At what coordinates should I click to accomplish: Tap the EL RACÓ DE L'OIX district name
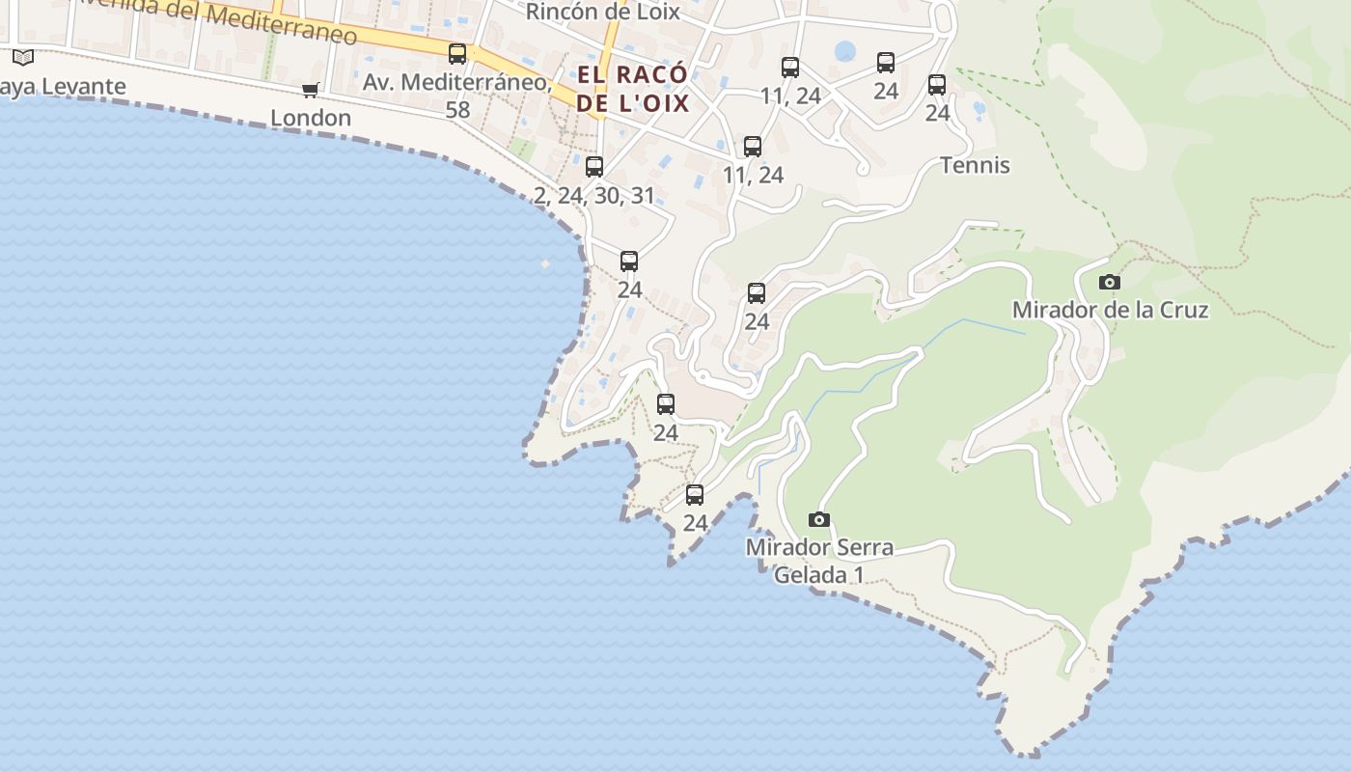point(633,89)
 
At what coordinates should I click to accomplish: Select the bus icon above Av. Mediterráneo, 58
point(457,54)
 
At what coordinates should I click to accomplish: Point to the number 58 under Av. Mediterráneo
point(457,110)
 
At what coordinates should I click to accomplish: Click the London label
point(311,118)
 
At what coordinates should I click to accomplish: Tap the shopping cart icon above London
point(311,90)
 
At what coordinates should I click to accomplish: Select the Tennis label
point(975,165)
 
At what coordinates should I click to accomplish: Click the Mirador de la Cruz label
point(1110,310)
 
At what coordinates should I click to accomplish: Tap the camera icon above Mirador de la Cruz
point(1110,282)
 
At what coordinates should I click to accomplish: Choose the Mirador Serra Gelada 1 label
point(819,561)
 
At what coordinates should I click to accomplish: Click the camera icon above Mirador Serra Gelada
point(819,519)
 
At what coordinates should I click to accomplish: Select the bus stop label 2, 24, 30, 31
point(594,196)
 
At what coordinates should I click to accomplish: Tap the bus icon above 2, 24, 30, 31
point(594,166)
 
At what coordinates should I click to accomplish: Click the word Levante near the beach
point(82,87)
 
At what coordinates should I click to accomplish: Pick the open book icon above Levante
point(23,57)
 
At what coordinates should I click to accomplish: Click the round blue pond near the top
point(845,51)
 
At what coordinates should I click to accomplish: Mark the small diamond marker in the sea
point(545,263)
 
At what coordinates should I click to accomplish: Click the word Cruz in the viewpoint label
point(1182,310)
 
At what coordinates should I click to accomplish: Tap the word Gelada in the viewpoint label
point(807,575)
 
